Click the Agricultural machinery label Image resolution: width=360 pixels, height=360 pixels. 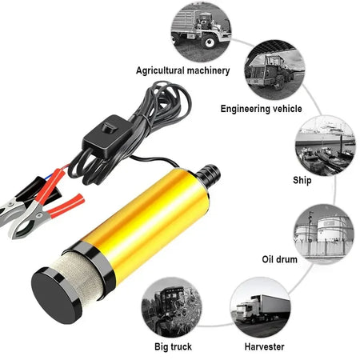(183, 70)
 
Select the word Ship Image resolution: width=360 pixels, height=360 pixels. (303, 180)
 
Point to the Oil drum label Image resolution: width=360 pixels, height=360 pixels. (284, 260)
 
